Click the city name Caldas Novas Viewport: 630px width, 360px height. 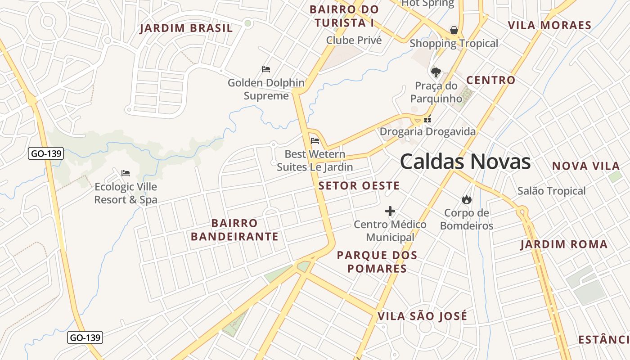[x=465, y=162]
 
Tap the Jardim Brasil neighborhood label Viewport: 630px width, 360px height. [x=186, y=28]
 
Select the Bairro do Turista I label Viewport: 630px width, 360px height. [x=344, y=16]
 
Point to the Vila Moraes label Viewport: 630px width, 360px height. [x=549, y=25]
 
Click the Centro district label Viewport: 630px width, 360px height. [x=490, y=81]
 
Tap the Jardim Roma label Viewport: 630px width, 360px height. [x=564, y=245]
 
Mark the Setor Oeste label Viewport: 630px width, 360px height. [x=359, y=186]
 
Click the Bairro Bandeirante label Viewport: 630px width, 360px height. [x=234, y=230]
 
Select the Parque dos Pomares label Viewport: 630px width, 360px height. [x=377, y=262]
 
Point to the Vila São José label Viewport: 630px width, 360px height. [x=422, y=316]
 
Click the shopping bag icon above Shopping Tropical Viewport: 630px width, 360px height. [x=454, y=31]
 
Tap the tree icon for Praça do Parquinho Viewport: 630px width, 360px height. [x=436, y=72]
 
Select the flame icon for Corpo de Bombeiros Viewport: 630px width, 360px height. [x=466, y=199]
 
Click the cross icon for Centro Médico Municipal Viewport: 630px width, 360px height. [x=390, y=211]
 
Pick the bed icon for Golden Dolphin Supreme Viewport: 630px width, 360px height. [x=266, y=69]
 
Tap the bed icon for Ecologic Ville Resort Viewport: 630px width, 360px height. [x=126, y=173]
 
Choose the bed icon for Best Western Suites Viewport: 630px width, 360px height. [x=315, y=141]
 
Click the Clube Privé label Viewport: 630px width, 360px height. [x=354, y=40]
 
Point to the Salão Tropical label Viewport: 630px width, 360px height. [x=551, y=191]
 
